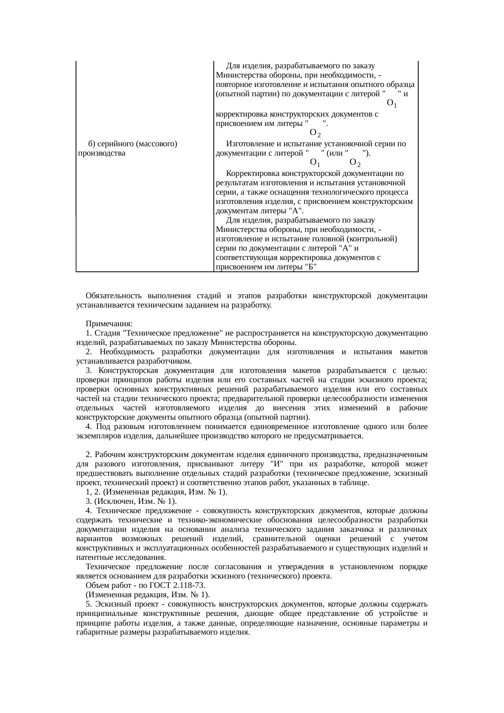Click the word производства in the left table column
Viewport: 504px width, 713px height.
(101, 154)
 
